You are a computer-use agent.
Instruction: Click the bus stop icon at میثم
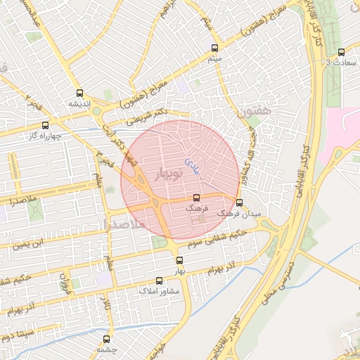click(214, 49)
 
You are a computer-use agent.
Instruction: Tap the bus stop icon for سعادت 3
click(341, 52)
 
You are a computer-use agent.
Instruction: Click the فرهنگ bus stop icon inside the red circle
click(196, 198)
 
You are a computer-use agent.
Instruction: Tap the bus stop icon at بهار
click(179, 260)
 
